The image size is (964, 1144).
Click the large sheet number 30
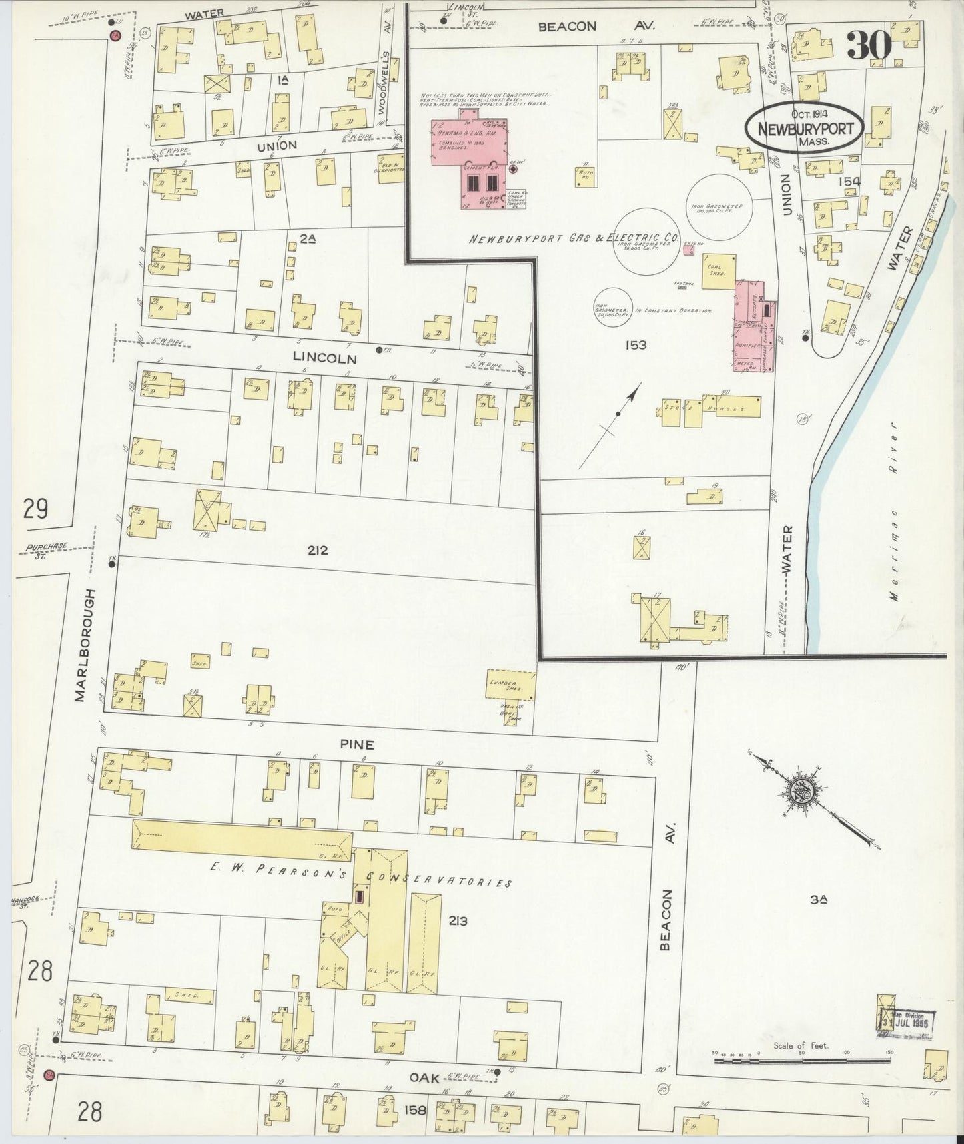tap(869, 45)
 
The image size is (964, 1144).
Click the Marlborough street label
tap(81, 645)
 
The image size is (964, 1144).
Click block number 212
tap(319, 550)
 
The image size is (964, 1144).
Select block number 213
tap(458, 921)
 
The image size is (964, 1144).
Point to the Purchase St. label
tap(47, 549)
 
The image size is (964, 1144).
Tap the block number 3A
tap(819, 899)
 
